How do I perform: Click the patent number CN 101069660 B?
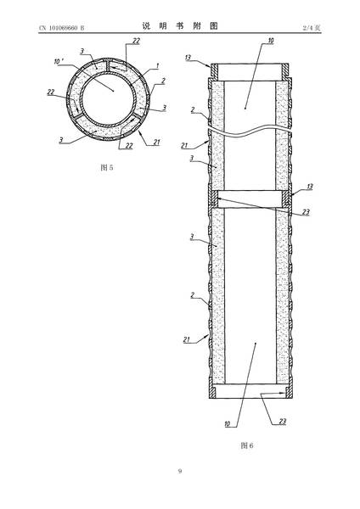(x=62, y=28)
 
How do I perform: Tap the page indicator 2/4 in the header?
(x=308, y=28)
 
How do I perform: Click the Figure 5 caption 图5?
(x=107, y=167)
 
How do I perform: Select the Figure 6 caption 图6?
(x=247, y=445)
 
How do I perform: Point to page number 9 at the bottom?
(x=180, y=471)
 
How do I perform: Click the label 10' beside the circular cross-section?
(x=58, y=62)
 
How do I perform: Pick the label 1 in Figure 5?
(x=158, y=65)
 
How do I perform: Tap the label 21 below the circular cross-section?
(x=156, y=142)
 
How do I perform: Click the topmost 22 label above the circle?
(x=136, y=41)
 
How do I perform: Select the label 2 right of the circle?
(x=163, y=81)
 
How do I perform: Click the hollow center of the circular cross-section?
(x=109, y=99)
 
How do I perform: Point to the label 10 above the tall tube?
(x=271, y=41)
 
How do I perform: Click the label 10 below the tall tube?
(x=228, y=423)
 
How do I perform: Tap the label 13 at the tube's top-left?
(x=188, y=58)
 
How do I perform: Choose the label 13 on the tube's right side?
(x=309, y=187)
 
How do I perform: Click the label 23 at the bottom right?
(x=283, y=421)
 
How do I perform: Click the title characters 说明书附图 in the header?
(x=180, y=26)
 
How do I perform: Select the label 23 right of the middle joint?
(x=306, y=212)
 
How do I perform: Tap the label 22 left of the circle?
(x=51, y=92)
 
